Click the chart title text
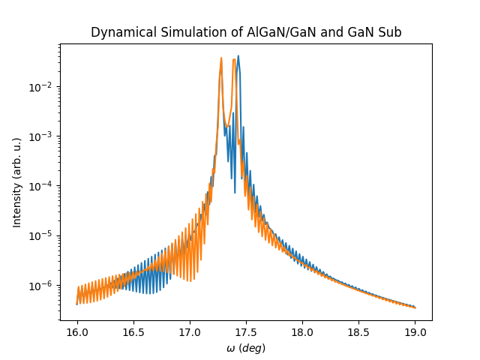pos(246,33)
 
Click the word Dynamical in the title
pos(118,33)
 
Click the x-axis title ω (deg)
pos(246,348)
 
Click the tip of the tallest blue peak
pos(238,55)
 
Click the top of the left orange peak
pos(221,58)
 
